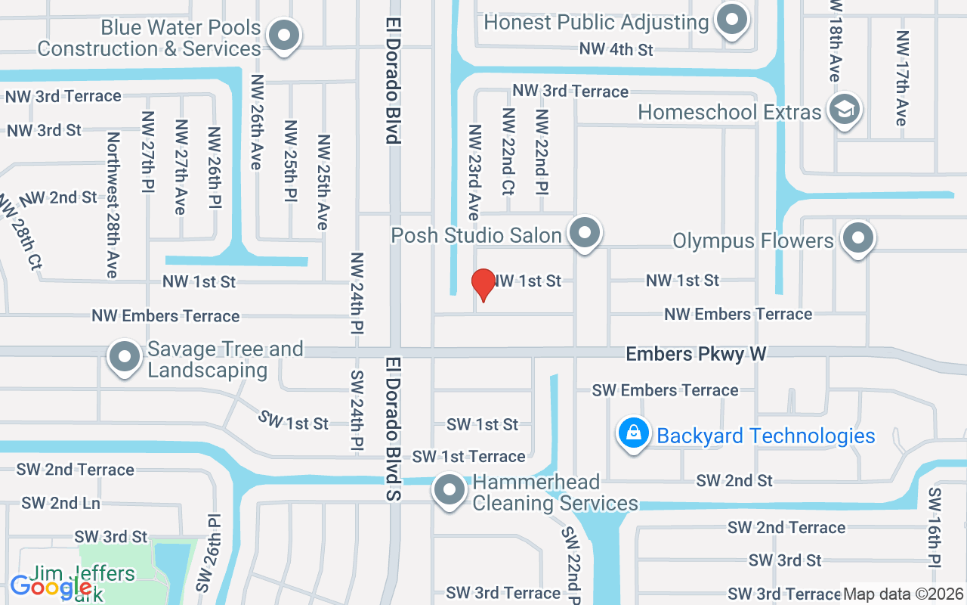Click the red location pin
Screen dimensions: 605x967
(x=483, y=284)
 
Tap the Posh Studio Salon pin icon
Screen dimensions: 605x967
(x=585, y=233)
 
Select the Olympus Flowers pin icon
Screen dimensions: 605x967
(x=857, y=239)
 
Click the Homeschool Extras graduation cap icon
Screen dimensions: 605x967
(x=844, y=110)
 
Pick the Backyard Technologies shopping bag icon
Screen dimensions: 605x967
(x=635, y=434)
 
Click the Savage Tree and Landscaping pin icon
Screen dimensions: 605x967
(x=125, y=357)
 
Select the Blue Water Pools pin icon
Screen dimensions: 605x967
(x=284, y=36)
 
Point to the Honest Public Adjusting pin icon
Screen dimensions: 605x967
(x=731, y=20)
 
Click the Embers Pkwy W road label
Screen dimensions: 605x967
(x=696, y=354)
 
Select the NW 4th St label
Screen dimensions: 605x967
(x=616, y=49)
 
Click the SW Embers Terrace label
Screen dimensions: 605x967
(x=665, y=390)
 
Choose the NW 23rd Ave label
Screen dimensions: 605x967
(x=474, y=172)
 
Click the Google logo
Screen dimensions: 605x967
(x=50, y=586)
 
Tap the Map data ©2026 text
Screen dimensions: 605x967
(x=903, y=594)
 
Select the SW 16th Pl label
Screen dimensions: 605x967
(x=935, y=526)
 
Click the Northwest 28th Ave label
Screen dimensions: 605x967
(x=113, y=205)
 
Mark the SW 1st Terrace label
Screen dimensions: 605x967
(x=468, y=457)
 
